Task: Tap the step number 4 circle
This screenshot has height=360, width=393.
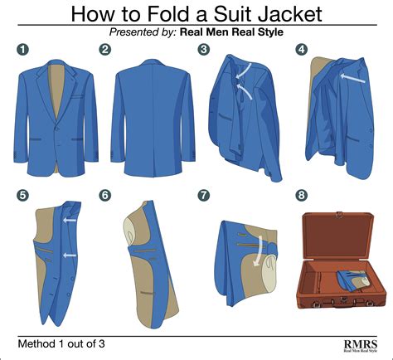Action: coord(301,50)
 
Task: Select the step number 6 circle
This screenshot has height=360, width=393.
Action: coord(105,195)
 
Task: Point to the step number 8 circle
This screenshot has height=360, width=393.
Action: coord(301,195)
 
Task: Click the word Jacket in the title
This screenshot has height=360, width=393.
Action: coord(290,13)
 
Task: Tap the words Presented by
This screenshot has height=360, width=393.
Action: coord(143,32)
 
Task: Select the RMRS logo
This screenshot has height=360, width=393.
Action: coord(361,346)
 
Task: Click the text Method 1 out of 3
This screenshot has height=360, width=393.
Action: coord(61,343)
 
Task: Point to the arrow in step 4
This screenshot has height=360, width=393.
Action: coord(352,78)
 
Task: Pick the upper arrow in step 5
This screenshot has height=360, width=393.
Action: coord(69,221)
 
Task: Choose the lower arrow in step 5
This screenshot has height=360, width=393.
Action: coord(70,255)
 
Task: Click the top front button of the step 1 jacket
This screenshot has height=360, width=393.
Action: coord(56,129)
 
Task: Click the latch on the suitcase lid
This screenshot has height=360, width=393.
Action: coord(339,214)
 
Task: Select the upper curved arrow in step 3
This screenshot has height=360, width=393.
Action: coord(245,71)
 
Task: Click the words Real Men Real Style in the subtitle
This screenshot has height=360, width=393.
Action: coord(231,32)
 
